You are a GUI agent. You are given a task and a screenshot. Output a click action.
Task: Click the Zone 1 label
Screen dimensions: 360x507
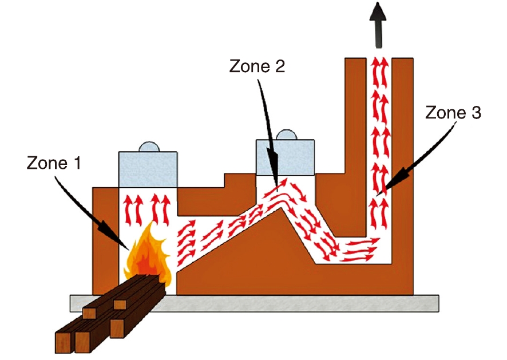(54, 164)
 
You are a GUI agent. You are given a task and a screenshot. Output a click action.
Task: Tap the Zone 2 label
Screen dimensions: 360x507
(256, 66)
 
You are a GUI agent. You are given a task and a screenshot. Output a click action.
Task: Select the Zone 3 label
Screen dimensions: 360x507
(453, 113)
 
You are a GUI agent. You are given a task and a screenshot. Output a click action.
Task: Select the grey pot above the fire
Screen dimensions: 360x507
(147, 169)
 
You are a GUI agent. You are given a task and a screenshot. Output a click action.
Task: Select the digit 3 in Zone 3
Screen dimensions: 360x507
(476, 113)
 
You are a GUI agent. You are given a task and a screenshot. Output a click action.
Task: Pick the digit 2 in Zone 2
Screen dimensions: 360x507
(279, 66)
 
